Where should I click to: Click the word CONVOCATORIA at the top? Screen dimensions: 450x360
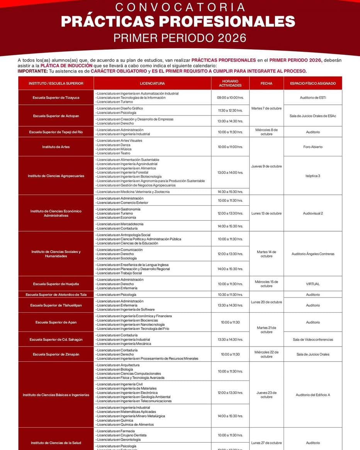pyautogui.click(x=180, y=7)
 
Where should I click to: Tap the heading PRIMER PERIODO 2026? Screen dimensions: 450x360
pyautogui.click(x=180, y=38)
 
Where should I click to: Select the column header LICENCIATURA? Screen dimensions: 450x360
pyautogui.click(x=152, y=83)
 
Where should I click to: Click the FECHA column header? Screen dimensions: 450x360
pyautogui.click(x=266, y=83)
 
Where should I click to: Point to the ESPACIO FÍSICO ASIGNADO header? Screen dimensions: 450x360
pyautogui.click(x=312, y=83)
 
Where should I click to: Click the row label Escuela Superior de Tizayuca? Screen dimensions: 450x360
pyautogui.click(x=56, y=98)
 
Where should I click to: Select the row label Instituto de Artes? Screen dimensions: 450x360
pyautogui.click(x=56, y=147)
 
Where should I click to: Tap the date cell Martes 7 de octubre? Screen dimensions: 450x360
pyautogui.click(x=266, y=108)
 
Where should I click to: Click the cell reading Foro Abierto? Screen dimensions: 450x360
pyautogui.click(x=312, y=147)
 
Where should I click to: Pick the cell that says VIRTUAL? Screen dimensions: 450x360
pyautogui.click(x=312, y=284)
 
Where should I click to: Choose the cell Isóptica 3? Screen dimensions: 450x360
pyautogui.click(x=312, y=176)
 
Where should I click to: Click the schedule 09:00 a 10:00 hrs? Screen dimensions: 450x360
pyautogui.click(x=230, y=98)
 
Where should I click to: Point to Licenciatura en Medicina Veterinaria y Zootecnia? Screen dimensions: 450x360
pyautogui.click(x=133, y=192)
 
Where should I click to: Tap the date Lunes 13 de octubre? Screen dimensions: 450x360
pyautogui.click(x=266, y=213)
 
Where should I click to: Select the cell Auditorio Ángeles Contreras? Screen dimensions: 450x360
pyautogui.click(x=312, y=254)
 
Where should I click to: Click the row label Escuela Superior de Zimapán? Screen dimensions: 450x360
pyautogui.click(x=56, y=354)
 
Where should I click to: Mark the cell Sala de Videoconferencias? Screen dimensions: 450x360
pyautogui.click(x=312, y=340)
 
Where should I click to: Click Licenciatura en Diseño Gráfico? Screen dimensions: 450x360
pyautogui.click(x=120, y=108)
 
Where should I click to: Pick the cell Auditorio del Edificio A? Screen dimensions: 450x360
pyautogui.click(x=312, y=395)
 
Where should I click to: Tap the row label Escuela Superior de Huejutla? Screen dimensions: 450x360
pyautogui.click(x=56, y=284)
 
